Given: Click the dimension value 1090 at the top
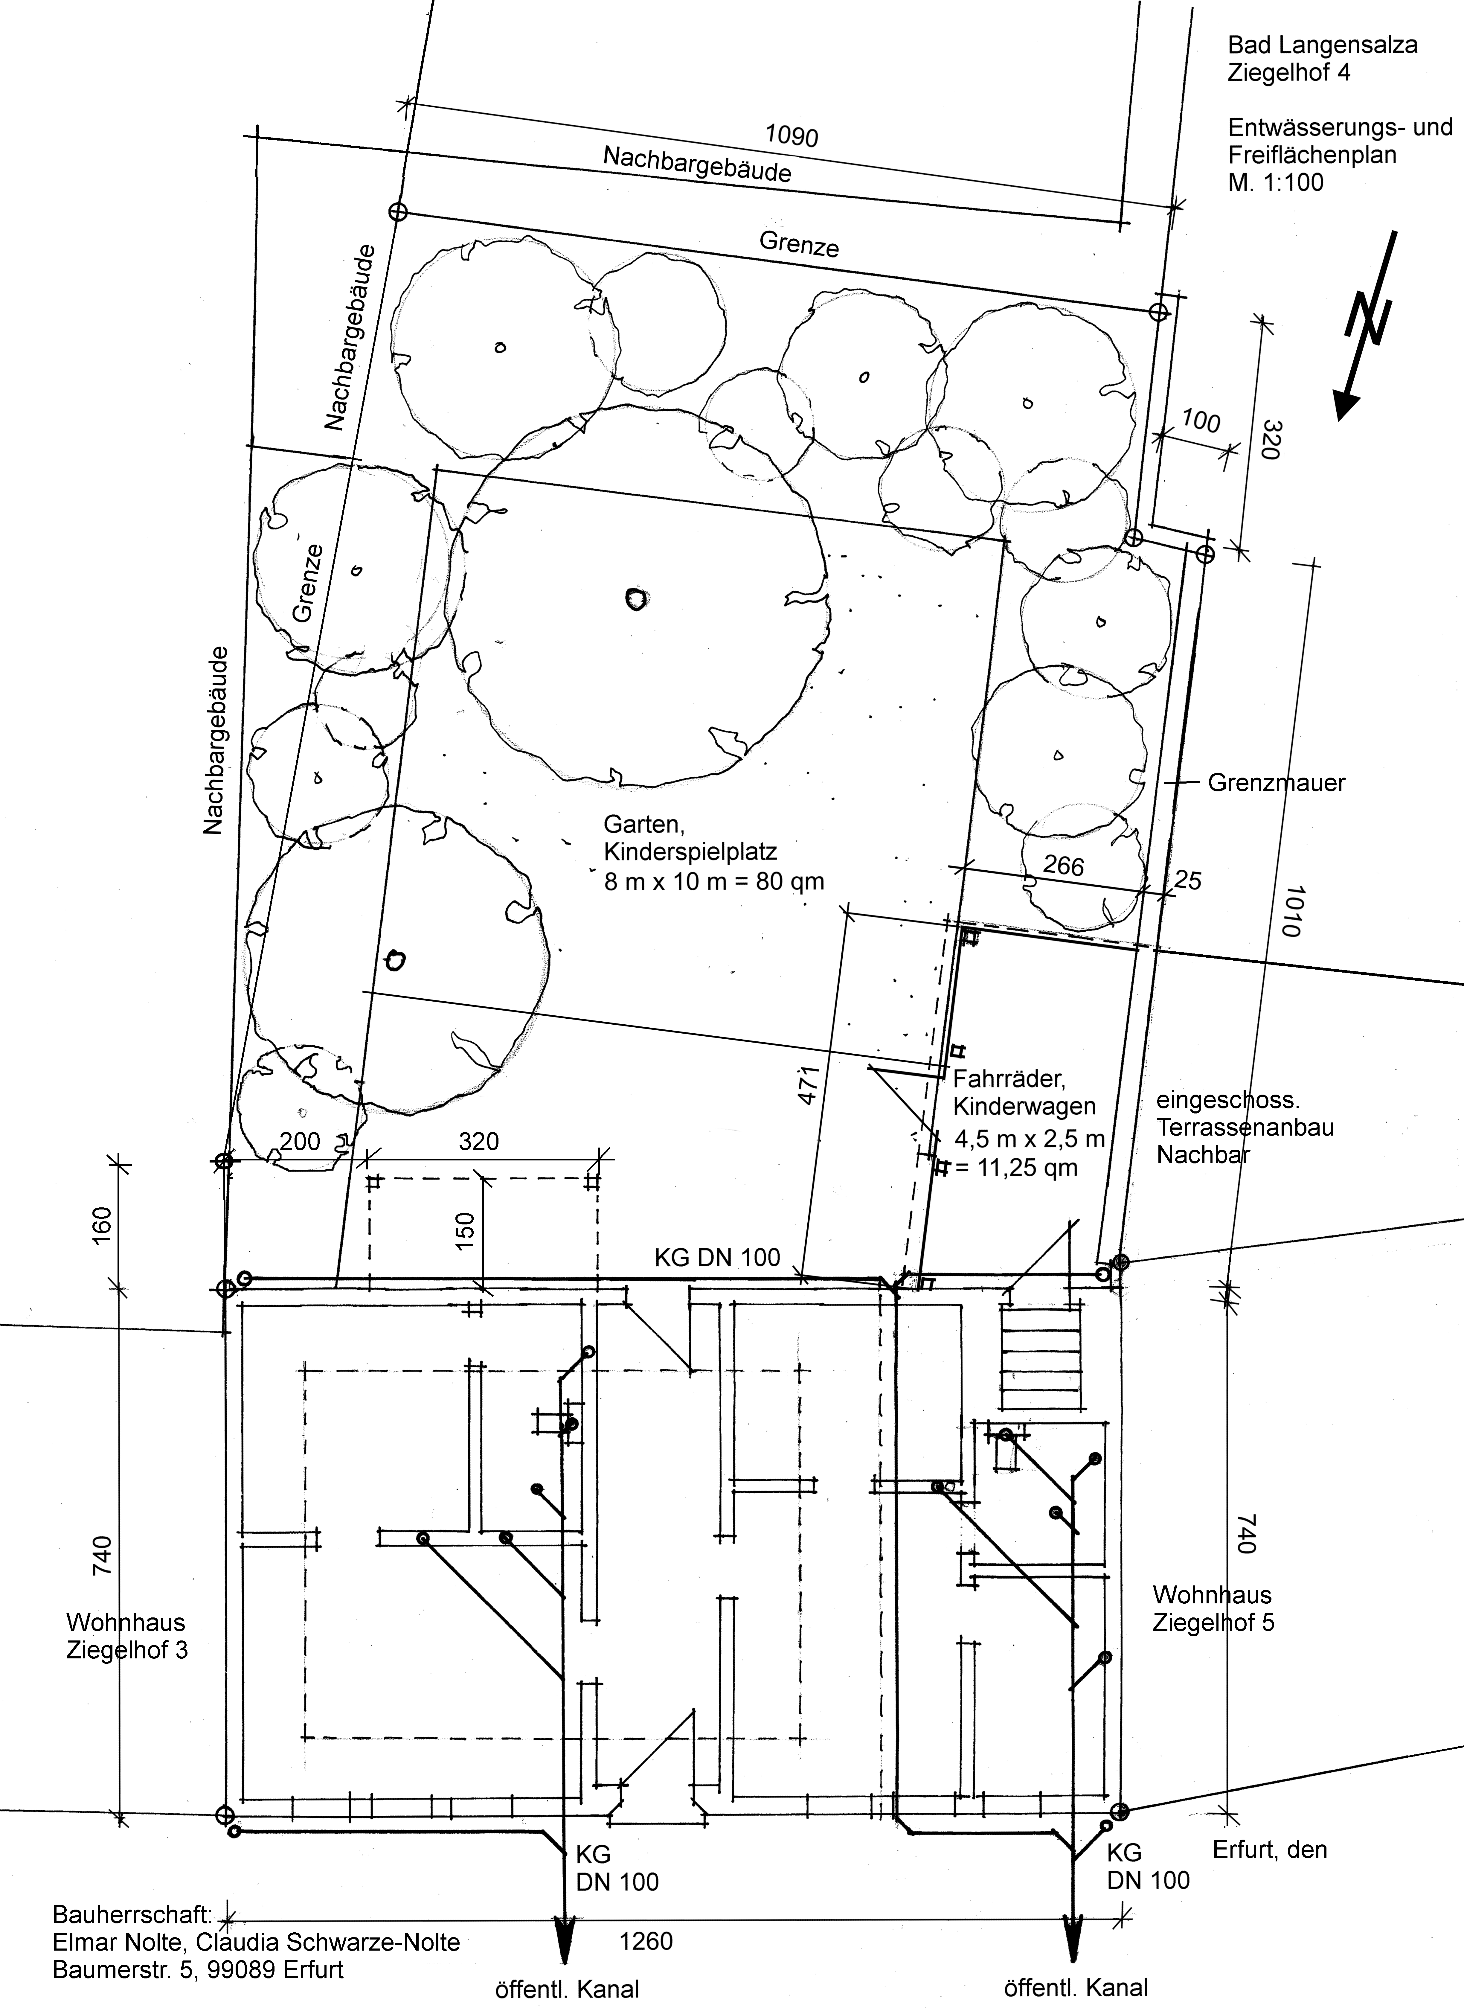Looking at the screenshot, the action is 792,136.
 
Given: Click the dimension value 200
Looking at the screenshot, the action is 300,1141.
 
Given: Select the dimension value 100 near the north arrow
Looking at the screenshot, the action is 1201,421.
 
